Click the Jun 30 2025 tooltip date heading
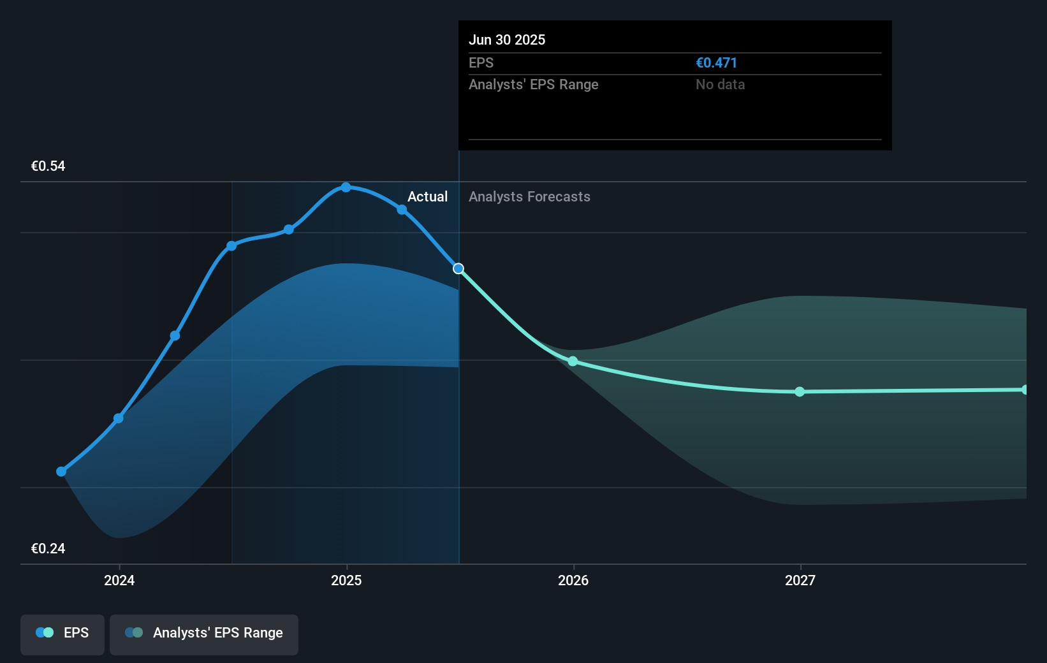507,40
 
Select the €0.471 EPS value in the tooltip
716,62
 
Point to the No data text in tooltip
720,84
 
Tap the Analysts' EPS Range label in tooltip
533,84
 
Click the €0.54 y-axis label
48,166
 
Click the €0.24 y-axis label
48,548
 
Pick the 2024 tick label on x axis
119,580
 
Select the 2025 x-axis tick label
346,580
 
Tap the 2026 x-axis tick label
573,580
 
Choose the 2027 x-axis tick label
800,580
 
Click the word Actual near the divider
427,196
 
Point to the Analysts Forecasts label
529,196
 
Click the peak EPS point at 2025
346,187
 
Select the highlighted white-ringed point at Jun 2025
458,268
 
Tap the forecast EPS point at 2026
573,361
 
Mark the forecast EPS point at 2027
800,391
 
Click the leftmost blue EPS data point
61,472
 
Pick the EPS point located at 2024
119,418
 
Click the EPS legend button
62,634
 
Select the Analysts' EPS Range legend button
204,634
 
